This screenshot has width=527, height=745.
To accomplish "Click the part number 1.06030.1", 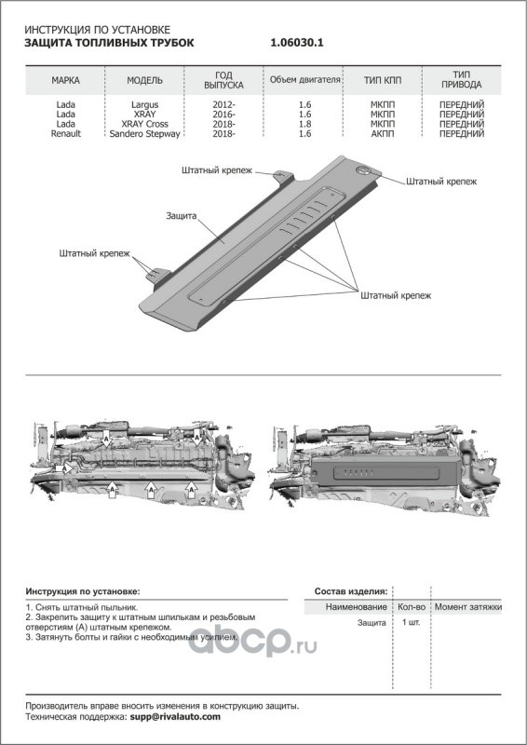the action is [297, 43].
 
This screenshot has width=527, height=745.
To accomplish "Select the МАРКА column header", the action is [65, 80].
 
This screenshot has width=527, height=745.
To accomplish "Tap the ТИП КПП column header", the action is [383, 80].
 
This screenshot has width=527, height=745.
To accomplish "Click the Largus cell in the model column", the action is [145, 104].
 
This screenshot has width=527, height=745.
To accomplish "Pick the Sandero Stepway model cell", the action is [145, 133].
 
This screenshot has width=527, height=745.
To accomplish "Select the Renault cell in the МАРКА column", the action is [65, 133].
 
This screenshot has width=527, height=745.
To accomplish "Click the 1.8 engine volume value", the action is [305, 124].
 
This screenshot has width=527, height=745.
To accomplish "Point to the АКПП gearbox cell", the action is [383, 133].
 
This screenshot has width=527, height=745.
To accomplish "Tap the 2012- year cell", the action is [223, 104].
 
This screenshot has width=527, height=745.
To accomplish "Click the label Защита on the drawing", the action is [181, 216].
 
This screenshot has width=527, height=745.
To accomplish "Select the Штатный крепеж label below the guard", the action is [396, 295].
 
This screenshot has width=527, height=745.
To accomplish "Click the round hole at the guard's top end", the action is [364, 169].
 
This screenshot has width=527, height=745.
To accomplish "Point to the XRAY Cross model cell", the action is [145, 124].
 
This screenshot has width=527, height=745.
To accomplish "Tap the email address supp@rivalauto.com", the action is [175, 717].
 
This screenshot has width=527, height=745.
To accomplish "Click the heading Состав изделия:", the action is [351, 591].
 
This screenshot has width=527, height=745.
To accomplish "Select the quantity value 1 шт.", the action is [411, 622].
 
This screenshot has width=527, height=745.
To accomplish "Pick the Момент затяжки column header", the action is [468, 607].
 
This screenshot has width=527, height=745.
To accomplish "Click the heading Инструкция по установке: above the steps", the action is [83, 591].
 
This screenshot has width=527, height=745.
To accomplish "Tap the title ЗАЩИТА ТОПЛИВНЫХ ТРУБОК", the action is [109, 43].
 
